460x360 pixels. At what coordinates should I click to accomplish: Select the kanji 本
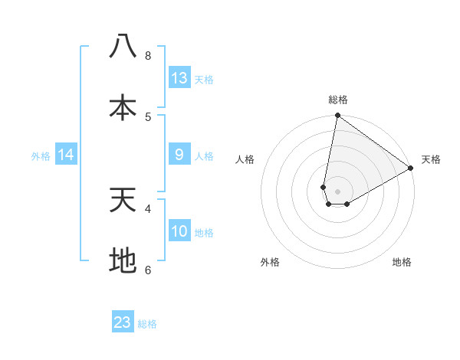pyautogui.click(x=123, y=108)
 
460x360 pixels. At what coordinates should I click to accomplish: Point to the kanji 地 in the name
pyautogui.click(x=123, y=261)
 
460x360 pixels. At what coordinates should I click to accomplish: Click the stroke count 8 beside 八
pyautogui.click(x=148, y=56)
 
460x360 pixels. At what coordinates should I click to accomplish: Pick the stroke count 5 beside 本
pyautogui.click(x=148, y=117)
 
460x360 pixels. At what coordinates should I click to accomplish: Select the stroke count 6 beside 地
pyautogui.click(x=148, y=270)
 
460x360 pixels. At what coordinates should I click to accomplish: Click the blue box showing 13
pyautogui.click(x=179, y=78)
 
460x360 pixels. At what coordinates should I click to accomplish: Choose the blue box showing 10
pyautogui.click(x=179, y=231)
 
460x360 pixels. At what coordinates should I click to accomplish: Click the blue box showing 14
pyautogui.click(x=66, y=155)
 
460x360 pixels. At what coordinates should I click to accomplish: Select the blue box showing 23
pyautogui.click(x=123, y=322)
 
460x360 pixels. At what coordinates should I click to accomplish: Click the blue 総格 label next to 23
pyautogui.click(x=147, y=324)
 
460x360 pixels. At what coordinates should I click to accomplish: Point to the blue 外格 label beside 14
pyautogui.click(x=41, y=156)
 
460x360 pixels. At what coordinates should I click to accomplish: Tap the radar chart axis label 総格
pyautogui.click(x=338, y=100)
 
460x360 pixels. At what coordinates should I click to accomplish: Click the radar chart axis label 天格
pyautogui.click(x=431, y=159)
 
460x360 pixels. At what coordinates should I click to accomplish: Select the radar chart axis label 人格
pyautogui.click(x=245, y=159)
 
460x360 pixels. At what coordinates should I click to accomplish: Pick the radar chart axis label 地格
pyautogui.click(x=402, y=262)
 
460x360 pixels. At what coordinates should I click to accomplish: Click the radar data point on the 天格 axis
pyautogui.click(x=411, y=169)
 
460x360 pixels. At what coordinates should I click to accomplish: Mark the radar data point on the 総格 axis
pyautogui.click(x=337, y=116)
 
